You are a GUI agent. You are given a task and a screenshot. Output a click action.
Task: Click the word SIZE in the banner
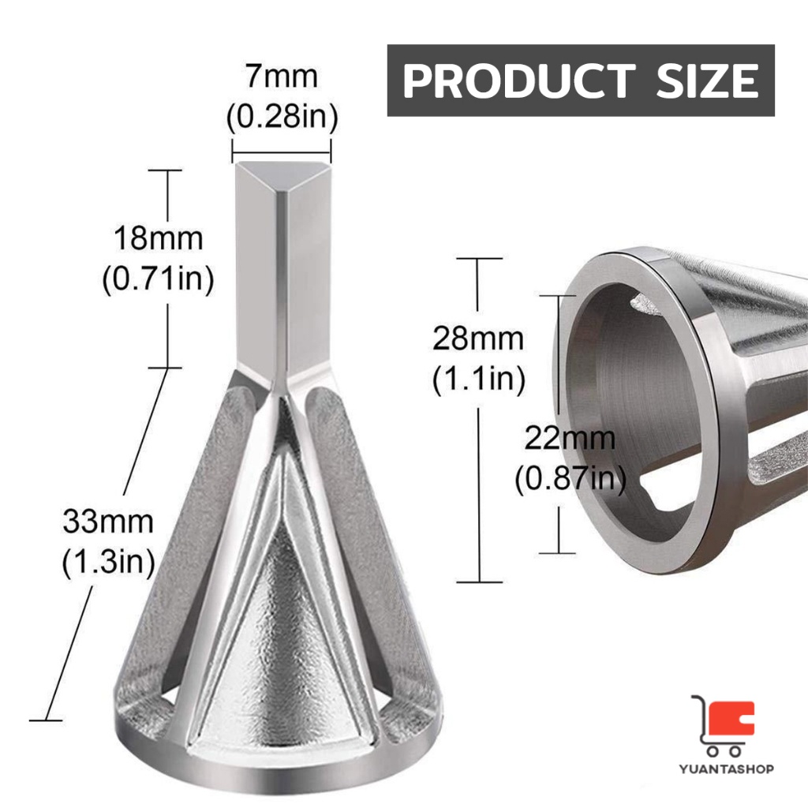[x=707, y=80]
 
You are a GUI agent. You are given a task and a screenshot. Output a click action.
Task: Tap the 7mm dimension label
[x=282, y=77]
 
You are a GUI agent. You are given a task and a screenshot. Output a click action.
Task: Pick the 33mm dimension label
[x=108, y=521]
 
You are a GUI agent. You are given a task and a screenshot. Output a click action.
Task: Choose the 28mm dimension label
[x=477, y=339]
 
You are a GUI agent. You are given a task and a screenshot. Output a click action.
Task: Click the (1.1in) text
[x=479, y=379]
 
